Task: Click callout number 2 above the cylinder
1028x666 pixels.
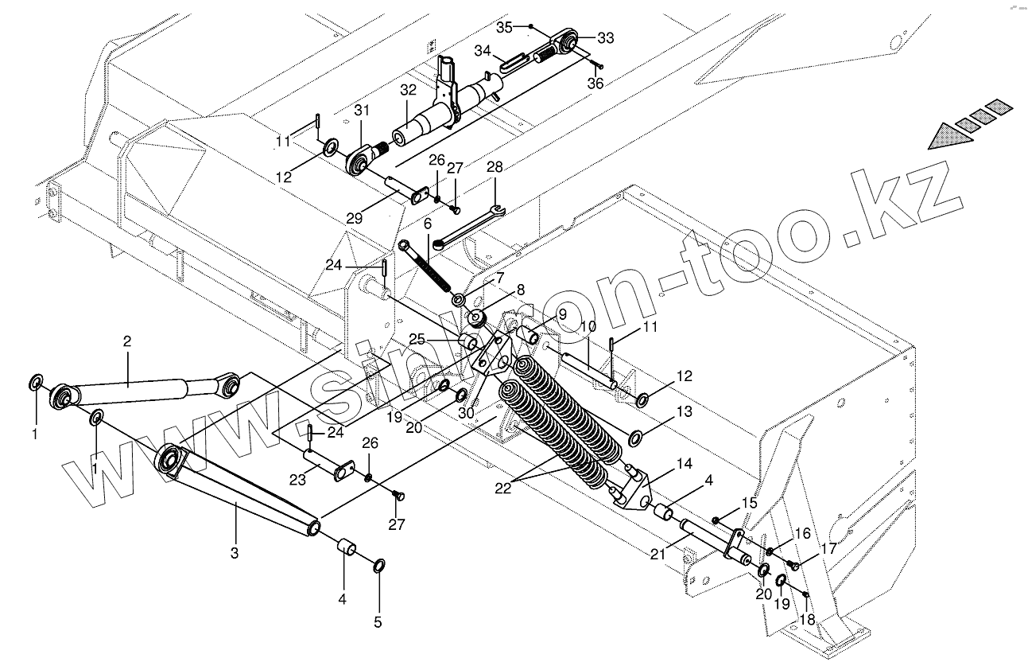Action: [x=127, y=341]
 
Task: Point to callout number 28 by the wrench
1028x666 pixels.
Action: [x=495, y=168]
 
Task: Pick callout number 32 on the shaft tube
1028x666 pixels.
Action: [x=408, y=91]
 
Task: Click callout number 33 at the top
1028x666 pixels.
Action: [x=606, y=37]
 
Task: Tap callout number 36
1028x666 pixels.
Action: [x=595, y=83]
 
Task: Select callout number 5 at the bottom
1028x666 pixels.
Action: [x=378, y=621]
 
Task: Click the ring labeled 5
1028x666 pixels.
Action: [x=378, y=565]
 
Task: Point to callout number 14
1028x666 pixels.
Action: [x=685, y=463]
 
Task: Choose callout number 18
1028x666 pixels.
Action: [x=808, y=620]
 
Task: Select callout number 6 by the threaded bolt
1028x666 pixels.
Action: [x=429, y=225]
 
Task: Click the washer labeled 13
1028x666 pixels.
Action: [x=637, y=438]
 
